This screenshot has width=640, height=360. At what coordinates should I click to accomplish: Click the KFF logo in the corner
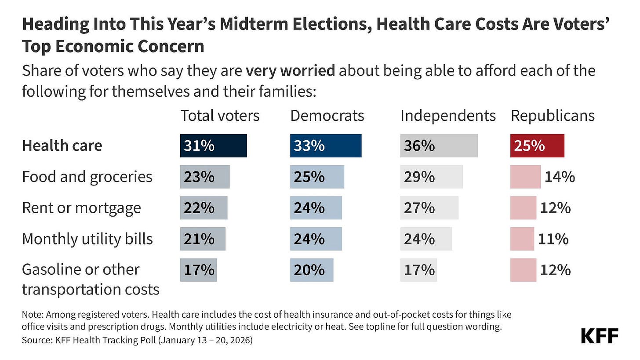tap(600, 336)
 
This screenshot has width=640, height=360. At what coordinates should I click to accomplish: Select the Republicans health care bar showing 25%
tap(537, 146)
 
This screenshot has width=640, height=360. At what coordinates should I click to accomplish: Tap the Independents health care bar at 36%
tap(439, 146)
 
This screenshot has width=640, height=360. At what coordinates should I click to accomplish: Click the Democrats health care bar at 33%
tap(325, 146)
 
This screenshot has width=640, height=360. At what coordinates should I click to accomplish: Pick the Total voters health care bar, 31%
tap(213, 146)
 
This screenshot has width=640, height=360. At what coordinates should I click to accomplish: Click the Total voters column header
tap(220, 116)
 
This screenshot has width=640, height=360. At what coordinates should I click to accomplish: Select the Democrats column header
tap(327, 116)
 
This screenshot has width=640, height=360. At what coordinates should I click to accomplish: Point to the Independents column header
tap(448, 116)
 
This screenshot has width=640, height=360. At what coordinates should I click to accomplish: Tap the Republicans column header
tap(553, 116)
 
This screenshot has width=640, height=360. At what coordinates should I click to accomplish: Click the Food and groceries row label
tap(87, 177)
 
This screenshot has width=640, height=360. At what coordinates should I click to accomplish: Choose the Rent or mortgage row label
tap(81, 208)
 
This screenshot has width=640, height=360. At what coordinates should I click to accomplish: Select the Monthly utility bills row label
tap(87, 239)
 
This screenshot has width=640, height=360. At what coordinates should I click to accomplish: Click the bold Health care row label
tap(62, 145)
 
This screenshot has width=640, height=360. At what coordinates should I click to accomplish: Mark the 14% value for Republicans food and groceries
tap(560, 177)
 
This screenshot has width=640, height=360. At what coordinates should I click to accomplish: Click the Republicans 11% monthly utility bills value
tap(553, 239)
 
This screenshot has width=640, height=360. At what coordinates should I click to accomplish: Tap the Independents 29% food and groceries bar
tap(431, 177)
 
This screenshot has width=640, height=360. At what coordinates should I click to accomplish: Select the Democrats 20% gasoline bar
tap(311, 270)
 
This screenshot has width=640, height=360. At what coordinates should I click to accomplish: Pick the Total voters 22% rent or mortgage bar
tap(204, 208)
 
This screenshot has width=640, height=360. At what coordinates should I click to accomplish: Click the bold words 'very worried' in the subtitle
tap(290, 71)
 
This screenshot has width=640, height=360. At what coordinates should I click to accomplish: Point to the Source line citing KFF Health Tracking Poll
tap(137, 341)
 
